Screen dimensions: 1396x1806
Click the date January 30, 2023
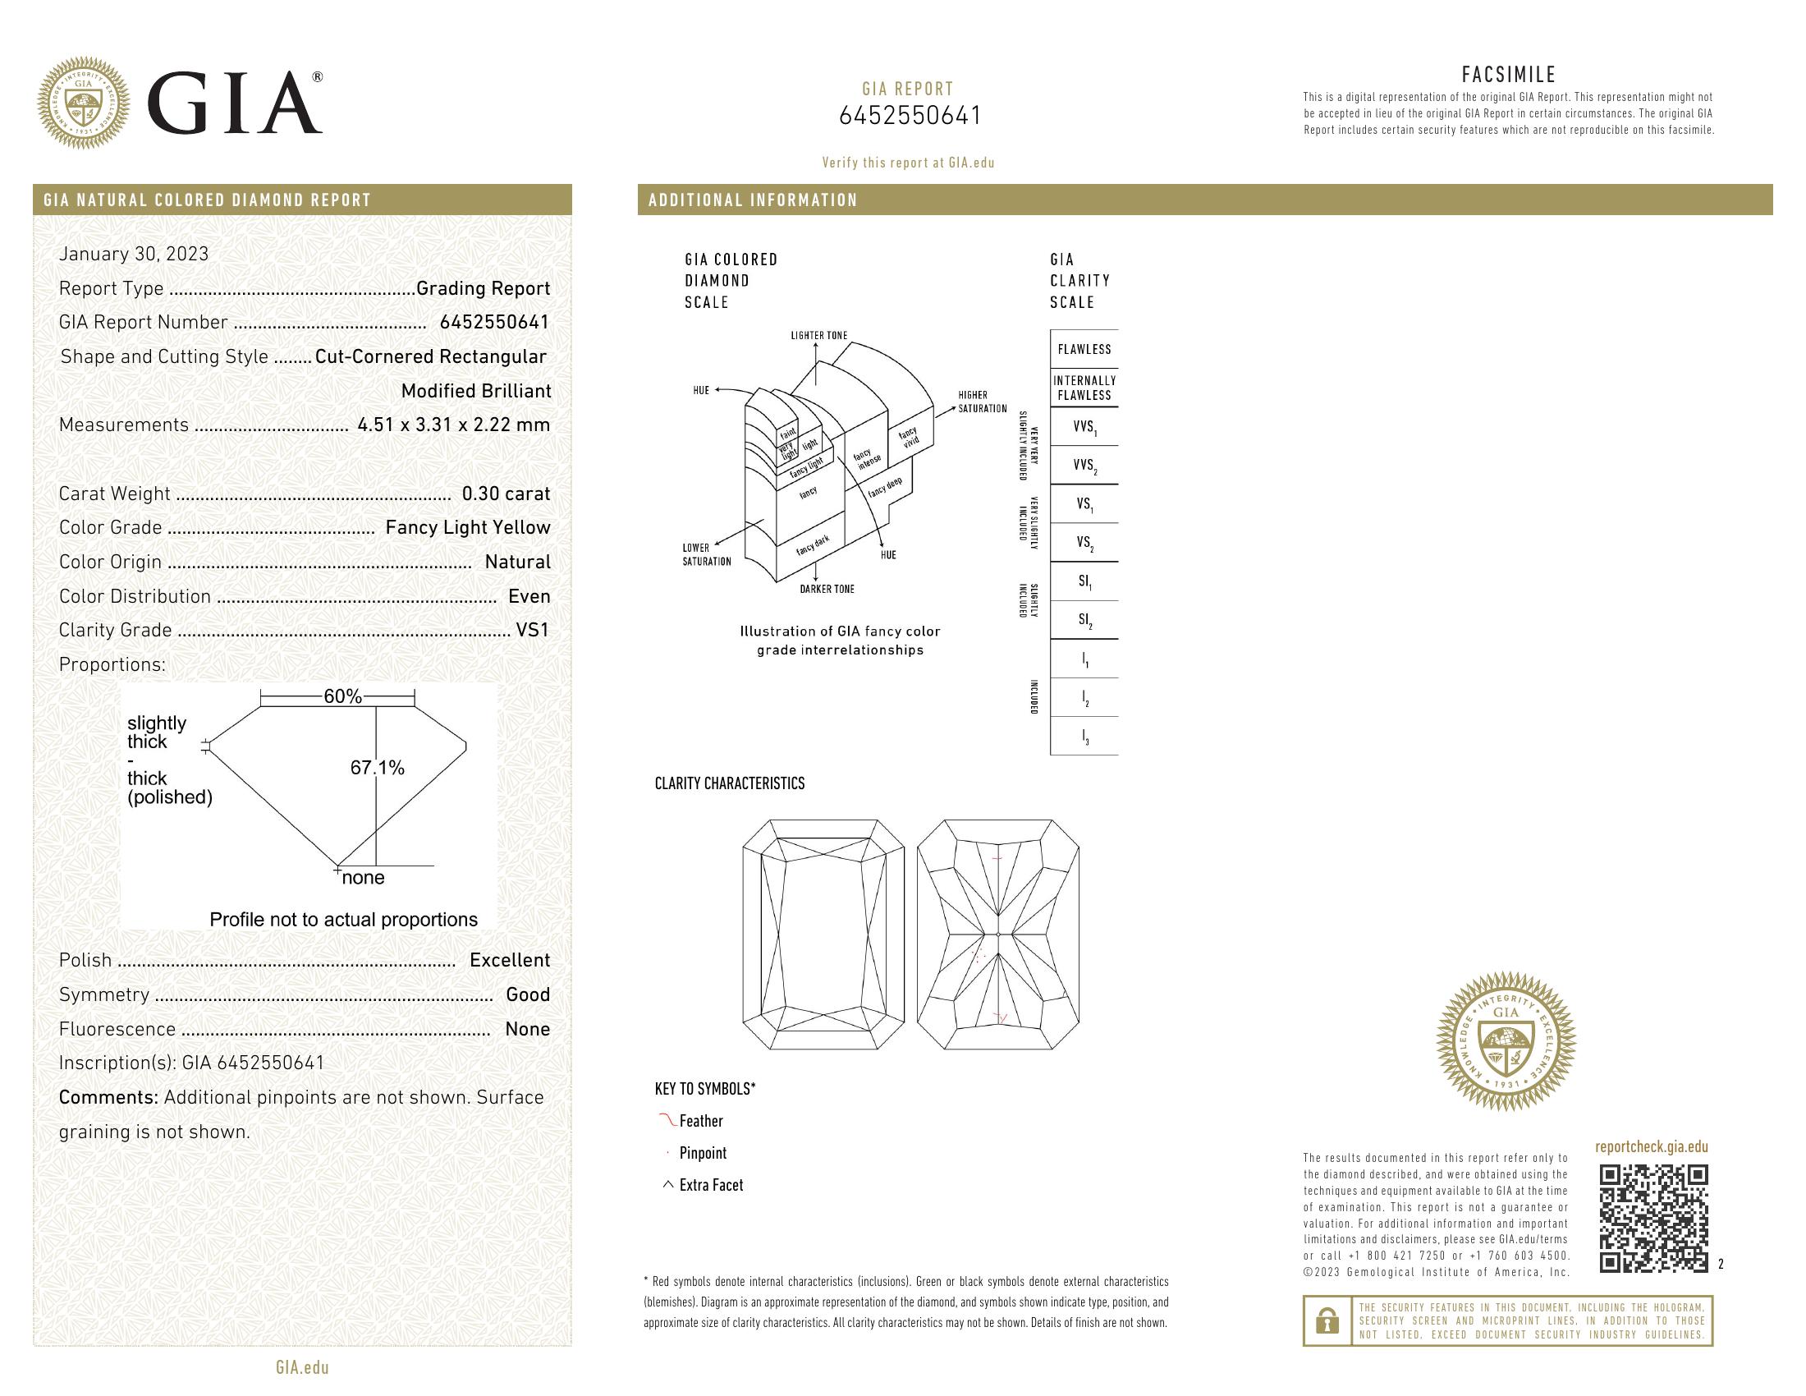point(134,254)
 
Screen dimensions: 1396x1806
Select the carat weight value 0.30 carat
point(505,494)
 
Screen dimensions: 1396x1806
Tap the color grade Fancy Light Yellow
point(467,528)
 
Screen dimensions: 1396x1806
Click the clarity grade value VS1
point(533,630)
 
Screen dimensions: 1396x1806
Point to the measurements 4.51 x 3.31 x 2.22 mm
point(453,425)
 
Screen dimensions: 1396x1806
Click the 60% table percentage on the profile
point(342,697)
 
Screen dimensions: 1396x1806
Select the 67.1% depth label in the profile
point(377,769)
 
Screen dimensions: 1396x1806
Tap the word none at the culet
point(363,879)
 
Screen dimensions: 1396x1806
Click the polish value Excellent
point(510,960)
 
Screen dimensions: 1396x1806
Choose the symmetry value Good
point(528,995)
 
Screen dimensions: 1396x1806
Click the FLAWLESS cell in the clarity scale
point(1084,350)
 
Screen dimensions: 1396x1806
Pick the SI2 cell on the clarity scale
point(1084,620)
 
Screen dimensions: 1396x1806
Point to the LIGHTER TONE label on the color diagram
point(818,336)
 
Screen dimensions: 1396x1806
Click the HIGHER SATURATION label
point(983,402)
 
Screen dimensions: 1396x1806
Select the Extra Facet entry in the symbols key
point(710,1185)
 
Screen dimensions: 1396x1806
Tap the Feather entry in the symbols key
point(700,1122)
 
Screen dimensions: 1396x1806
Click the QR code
point(1653,1218)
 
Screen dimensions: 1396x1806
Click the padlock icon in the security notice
point(1327,1320)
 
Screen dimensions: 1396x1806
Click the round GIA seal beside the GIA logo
point(84,103)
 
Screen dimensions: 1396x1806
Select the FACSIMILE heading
point(1508,76)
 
